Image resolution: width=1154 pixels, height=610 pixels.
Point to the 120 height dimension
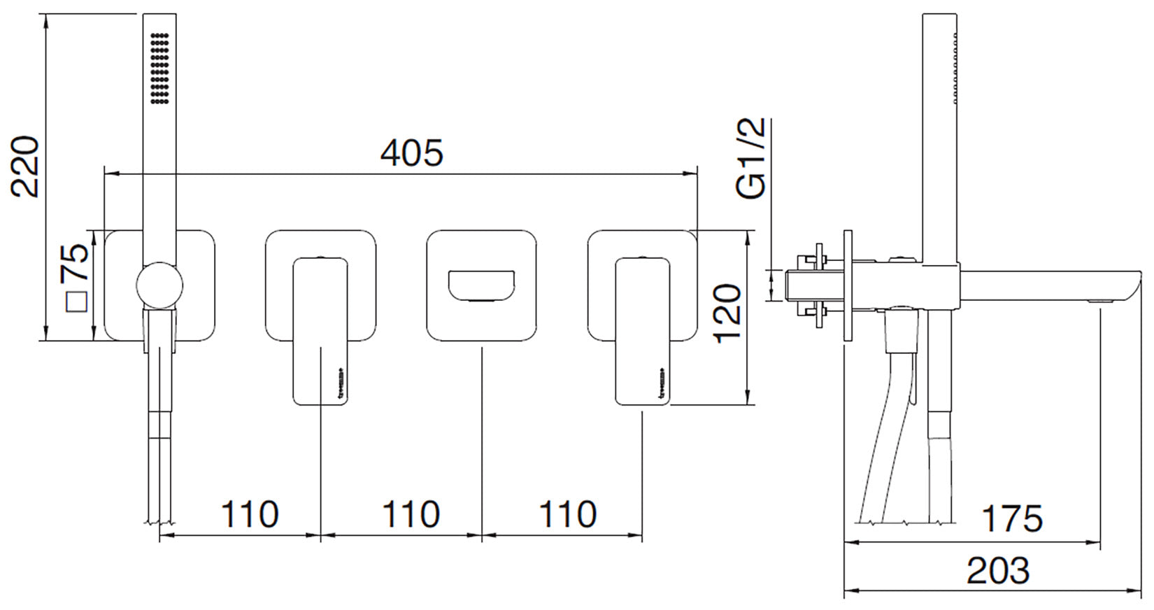[x=727, y=313]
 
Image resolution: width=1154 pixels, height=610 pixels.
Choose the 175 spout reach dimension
[x=1011, y=518]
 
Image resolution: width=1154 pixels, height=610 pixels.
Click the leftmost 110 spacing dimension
[x=250, y=514]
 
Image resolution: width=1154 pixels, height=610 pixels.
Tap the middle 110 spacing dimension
[x=411, y=514]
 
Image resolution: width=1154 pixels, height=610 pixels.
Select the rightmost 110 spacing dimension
[x=567, y=514]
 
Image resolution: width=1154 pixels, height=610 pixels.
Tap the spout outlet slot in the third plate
[x=481, y=285]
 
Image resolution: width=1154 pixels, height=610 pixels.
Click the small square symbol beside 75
[x=76, y=302]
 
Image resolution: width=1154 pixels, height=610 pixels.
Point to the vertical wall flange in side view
[x=848, y=286]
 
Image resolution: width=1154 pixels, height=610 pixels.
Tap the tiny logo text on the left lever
[x=341, y=381]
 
